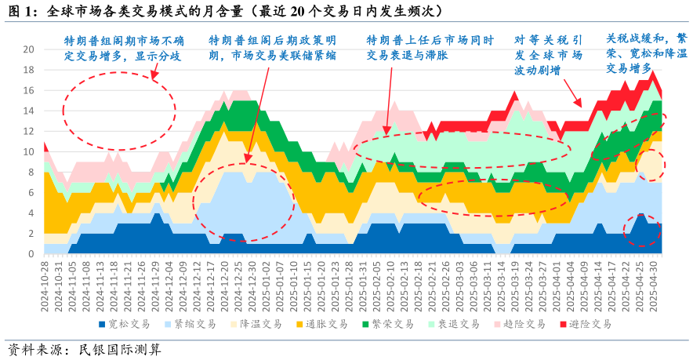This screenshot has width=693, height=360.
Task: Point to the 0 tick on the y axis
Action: pyautogui.click(x=31, y=254)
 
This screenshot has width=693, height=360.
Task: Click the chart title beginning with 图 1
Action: pyautogui.click(x=227, y=11)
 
